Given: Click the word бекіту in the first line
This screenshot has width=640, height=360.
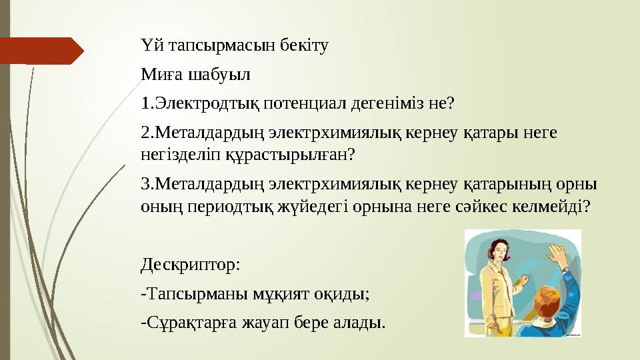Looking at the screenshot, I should [307, 47].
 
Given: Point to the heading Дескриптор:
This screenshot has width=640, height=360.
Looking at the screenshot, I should [191, 265].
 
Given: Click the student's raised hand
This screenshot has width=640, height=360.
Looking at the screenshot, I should [555, 253].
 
